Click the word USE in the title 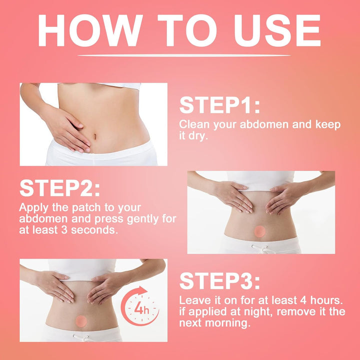tap(277, 30)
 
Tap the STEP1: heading tap(219, 105)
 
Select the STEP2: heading tap(59, 188)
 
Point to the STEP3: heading tap(219, 281)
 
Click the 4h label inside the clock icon tap(141, 308)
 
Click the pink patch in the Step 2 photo tap(259, 231)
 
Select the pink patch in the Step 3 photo tap(81, 321)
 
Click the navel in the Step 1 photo tap(94, 136)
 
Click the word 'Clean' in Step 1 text tap(194, 124)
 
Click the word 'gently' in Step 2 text tap(142, 219)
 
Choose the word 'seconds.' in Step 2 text tap(94, 230)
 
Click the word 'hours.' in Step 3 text tap(326, 300)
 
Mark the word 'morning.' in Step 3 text tap(227, 323)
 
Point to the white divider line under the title tap(184, 55)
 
